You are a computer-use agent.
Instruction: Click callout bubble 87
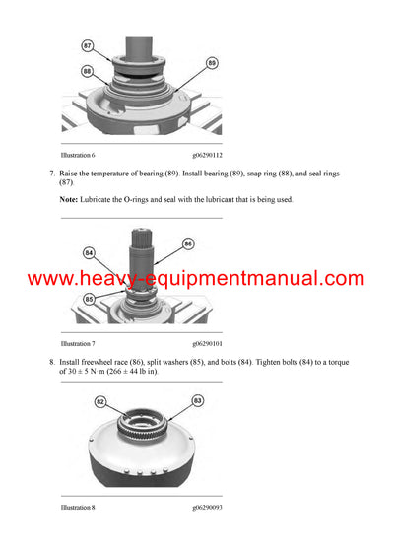tap(87, 45)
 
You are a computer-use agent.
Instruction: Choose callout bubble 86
tap(188, 243)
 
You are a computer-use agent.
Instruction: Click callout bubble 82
tap(98, 402)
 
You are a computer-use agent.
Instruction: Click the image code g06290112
tap(208, 156)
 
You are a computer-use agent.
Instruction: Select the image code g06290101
tap(208, 344)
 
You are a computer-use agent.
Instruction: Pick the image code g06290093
tap(208, 508)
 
